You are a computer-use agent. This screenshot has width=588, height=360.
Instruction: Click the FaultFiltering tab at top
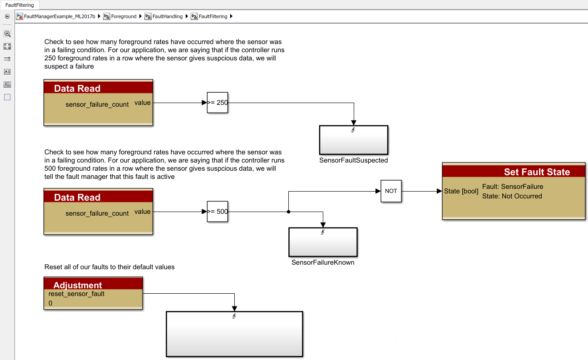click(20, 5)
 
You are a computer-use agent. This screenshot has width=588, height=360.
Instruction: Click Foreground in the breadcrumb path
click(124, 16)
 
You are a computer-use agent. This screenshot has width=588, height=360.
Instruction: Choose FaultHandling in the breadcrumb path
click(167, 16)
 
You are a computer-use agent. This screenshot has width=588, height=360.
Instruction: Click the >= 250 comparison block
click(217, 103)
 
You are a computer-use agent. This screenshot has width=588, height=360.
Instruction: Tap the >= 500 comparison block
click(217, 212)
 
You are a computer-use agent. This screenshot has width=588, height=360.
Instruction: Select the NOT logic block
click(391, 191)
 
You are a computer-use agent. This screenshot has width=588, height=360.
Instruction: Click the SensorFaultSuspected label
click(353, 160)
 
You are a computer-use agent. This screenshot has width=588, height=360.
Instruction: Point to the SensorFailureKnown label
click(323, 262)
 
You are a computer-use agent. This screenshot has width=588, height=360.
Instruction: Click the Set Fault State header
click(537, 172)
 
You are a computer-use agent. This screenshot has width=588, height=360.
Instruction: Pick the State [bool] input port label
click(461, 191)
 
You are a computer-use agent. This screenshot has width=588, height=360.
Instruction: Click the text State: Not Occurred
click(512, 196)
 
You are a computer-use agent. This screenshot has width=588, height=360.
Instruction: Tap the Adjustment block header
click(78, 285)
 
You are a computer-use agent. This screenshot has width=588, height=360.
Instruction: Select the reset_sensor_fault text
click(76, 294)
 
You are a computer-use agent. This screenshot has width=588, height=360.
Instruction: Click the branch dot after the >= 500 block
click(288, 212)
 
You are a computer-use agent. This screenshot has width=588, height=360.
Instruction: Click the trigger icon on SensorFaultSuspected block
click(353, 130)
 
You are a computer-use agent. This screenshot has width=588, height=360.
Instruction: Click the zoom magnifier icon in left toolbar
click(7, 34)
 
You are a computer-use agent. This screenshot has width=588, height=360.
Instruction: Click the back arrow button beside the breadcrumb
click(7, 16)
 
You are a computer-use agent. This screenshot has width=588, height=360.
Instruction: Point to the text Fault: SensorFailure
click(512, 187)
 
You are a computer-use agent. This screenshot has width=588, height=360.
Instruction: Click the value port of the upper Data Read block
click(143, 103)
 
